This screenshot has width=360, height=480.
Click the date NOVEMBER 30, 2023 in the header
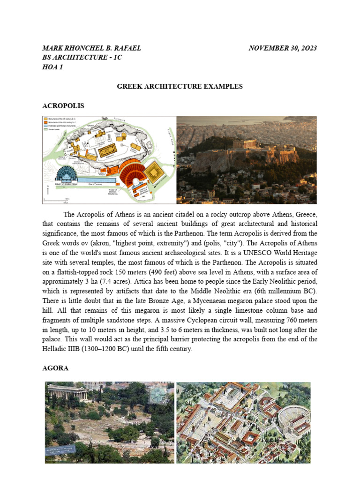pyautogui.click(x=283, y=48)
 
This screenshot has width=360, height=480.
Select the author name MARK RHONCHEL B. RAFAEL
pyautogui.click(x=91, y=48)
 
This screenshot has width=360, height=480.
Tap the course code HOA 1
pyautogui.click(x=52, y=67)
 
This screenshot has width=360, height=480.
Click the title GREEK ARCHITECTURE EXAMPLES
pyautogui.click(x=180, y=86)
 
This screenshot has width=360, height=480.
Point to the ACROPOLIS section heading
pyautogui.click(x=63, y=106)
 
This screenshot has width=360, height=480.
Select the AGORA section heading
pyautogui.click(x=55, y=368)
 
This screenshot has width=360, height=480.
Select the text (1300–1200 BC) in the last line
pyautogui.click(x=96, y=348)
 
